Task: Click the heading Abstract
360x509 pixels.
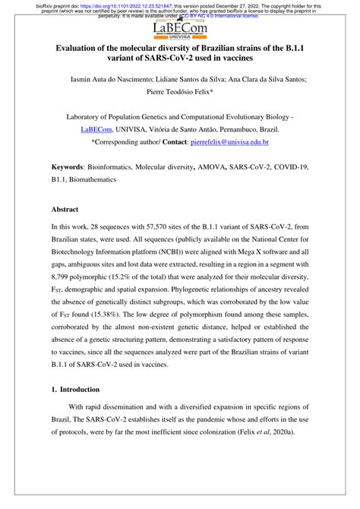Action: (x=65, y=207)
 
